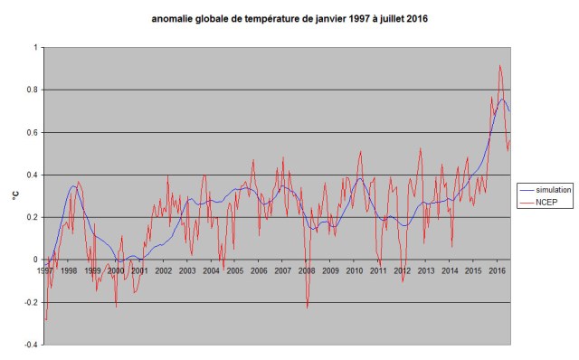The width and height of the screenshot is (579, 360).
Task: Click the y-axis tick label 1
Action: (x=35, y=47)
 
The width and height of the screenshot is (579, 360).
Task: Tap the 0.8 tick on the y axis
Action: (x=33, y=90)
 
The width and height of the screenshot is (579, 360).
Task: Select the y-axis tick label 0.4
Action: (x=33, y=175)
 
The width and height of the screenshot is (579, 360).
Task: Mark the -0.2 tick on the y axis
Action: (x=31, y=302)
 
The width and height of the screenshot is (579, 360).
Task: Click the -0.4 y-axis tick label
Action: (x=31, y=345)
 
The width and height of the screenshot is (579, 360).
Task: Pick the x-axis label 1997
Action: (x=45, y=270)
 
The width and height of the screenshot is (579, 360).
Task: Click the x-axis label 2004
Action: (x=210, y=270)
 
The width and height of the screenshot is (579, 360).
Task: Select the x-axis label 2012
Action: (x=401, y=270)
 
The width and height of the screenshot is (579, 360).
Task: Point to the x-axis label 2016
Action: (x=496, y=270)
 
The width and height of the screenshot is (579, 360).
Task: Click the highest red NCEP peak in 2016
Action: (x=499, y=65)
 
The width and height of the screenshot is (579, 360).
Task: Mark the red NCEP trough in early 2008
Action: (x=307, y=308)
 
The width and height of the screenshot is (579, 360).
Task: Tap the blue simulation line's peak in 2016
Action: (x=502, y=99)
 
